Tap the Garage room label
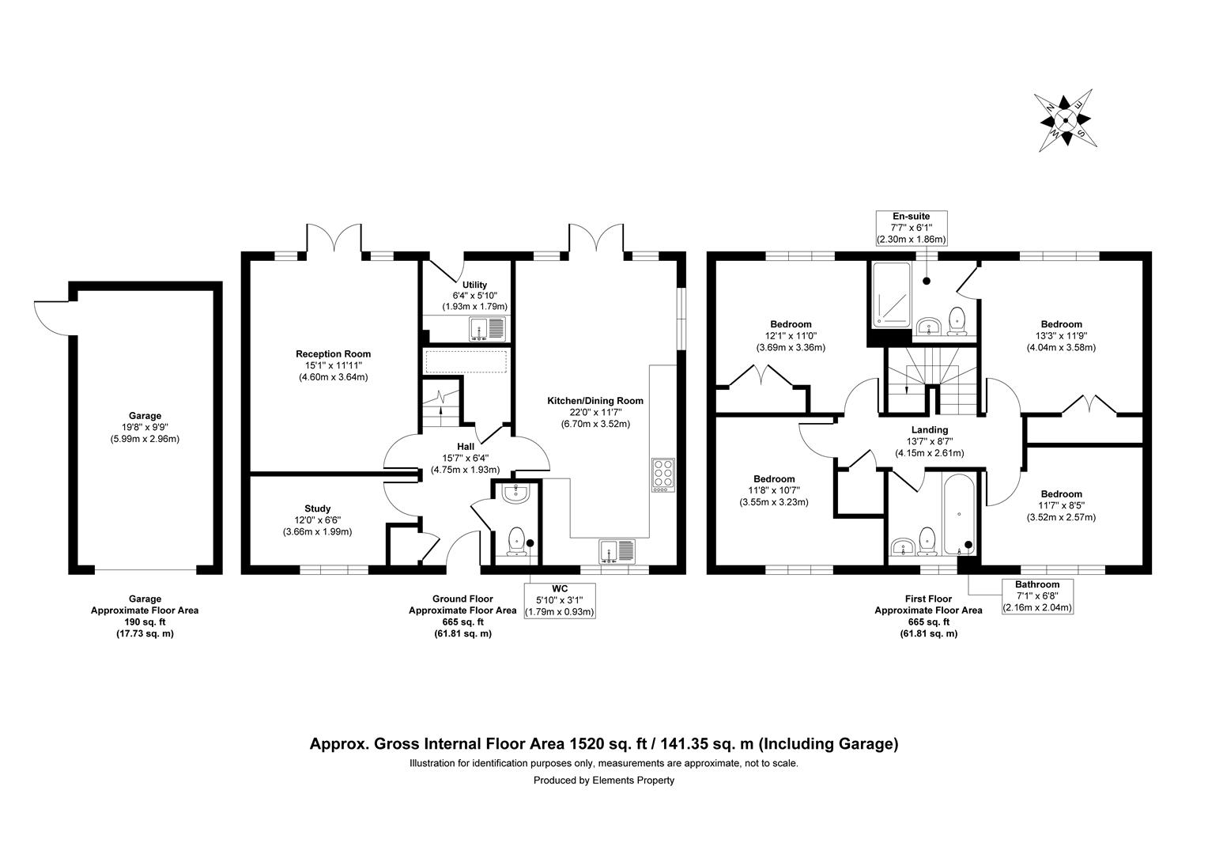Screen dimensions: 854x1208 [x=145, y=415]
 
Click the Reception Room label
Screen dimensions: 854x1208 [x=333, y=353]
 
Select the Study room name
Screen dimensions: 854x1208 [x=317, y=508]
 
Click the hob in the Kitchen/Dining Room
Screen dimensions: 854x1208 [x=663, y=474]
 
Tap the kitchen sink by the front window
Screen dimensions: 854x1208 [x=617, y=550]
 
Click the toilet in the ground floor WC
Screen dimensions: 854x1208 [x=516, y=541]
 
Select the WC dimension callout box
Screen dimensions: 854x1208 [x=559, y=600]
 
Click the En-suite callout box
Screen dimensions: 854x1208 [x=911, y=227]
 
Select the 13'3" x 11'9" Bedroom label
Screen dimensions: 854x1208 [x=1061, y=324]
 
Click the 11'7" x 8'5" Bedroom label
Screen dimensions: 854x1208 [x=1061, y=494]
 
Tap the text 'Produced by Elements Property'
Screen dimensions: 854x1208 [x=603, y=780]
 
